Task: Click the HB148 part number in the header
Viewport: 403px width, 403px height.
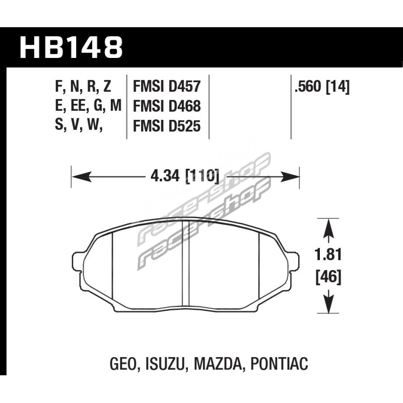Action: coord(71,48)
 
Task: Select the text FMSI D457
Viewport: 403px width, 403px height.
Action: coord(167,86)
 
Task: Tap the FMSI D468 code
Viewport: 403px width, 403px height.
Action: coord(167,106)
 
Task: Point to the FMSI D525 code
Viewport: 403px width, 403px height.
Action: coord(167,126)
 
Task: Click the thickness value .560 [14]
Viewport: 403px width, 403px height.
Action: coord(322,87)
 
